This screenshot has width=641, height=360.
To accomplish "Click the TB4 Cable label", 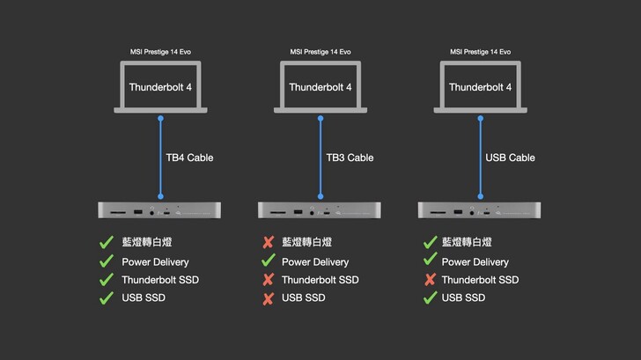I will [x=189, y=158].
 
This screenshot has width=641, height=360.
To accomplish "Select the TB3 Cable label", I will [x=350, y=158].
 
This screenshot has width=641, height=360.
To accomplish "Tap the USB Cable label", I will [x=510, y=158].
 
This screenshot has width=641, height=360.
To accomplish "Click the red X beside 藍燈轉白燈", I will [x=268, y=243].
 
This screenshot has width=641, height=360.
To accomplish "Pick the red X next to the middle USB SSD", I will [x=268, y=298].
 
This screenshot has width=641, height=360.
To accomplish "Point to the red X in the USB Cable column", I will [x=430, y=280].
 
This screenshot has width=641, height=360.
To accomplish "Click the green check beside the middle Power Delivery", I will [x=268, y=261].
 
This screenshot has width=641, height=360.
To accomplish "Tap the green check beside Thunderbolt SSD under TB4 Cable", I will [x=107, y=280].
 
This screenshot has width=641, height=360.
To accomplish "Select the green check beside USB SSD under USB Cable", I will [x=430, y=298].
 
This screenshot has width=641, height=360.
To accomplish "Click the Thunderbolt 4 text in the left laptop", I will [x=160, y=87].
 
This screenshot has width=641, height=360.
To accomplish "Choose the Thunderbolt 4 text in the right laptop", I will [x=480, y=87].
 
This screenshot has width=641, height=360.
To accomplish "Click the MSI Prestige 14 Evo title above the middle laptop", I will [x=320, y=51].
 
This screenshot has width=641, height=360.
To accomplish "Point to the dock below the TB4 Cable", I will [x=159, y=210].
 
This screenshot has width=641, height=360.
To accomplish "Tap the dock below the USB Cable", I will [x=480, y=210].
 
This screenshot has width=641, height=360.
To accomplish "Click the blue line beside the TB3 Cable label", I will [x=320, y=158].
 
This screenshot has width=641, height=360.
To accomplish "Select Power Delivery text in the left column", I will [x=155, y=261].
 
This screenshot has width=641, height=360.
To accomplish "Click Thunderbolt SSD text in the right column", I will [x=480, y=280].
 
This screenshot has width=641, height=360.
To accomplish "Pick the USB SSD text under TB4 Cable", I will [x=144, y=298].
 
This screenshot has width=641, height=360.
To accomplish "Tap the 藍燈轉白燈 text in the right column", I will [x=467, y=243].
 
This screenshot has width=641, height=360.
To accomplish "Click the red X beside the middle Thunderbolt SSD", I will [x=268, y=280].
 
